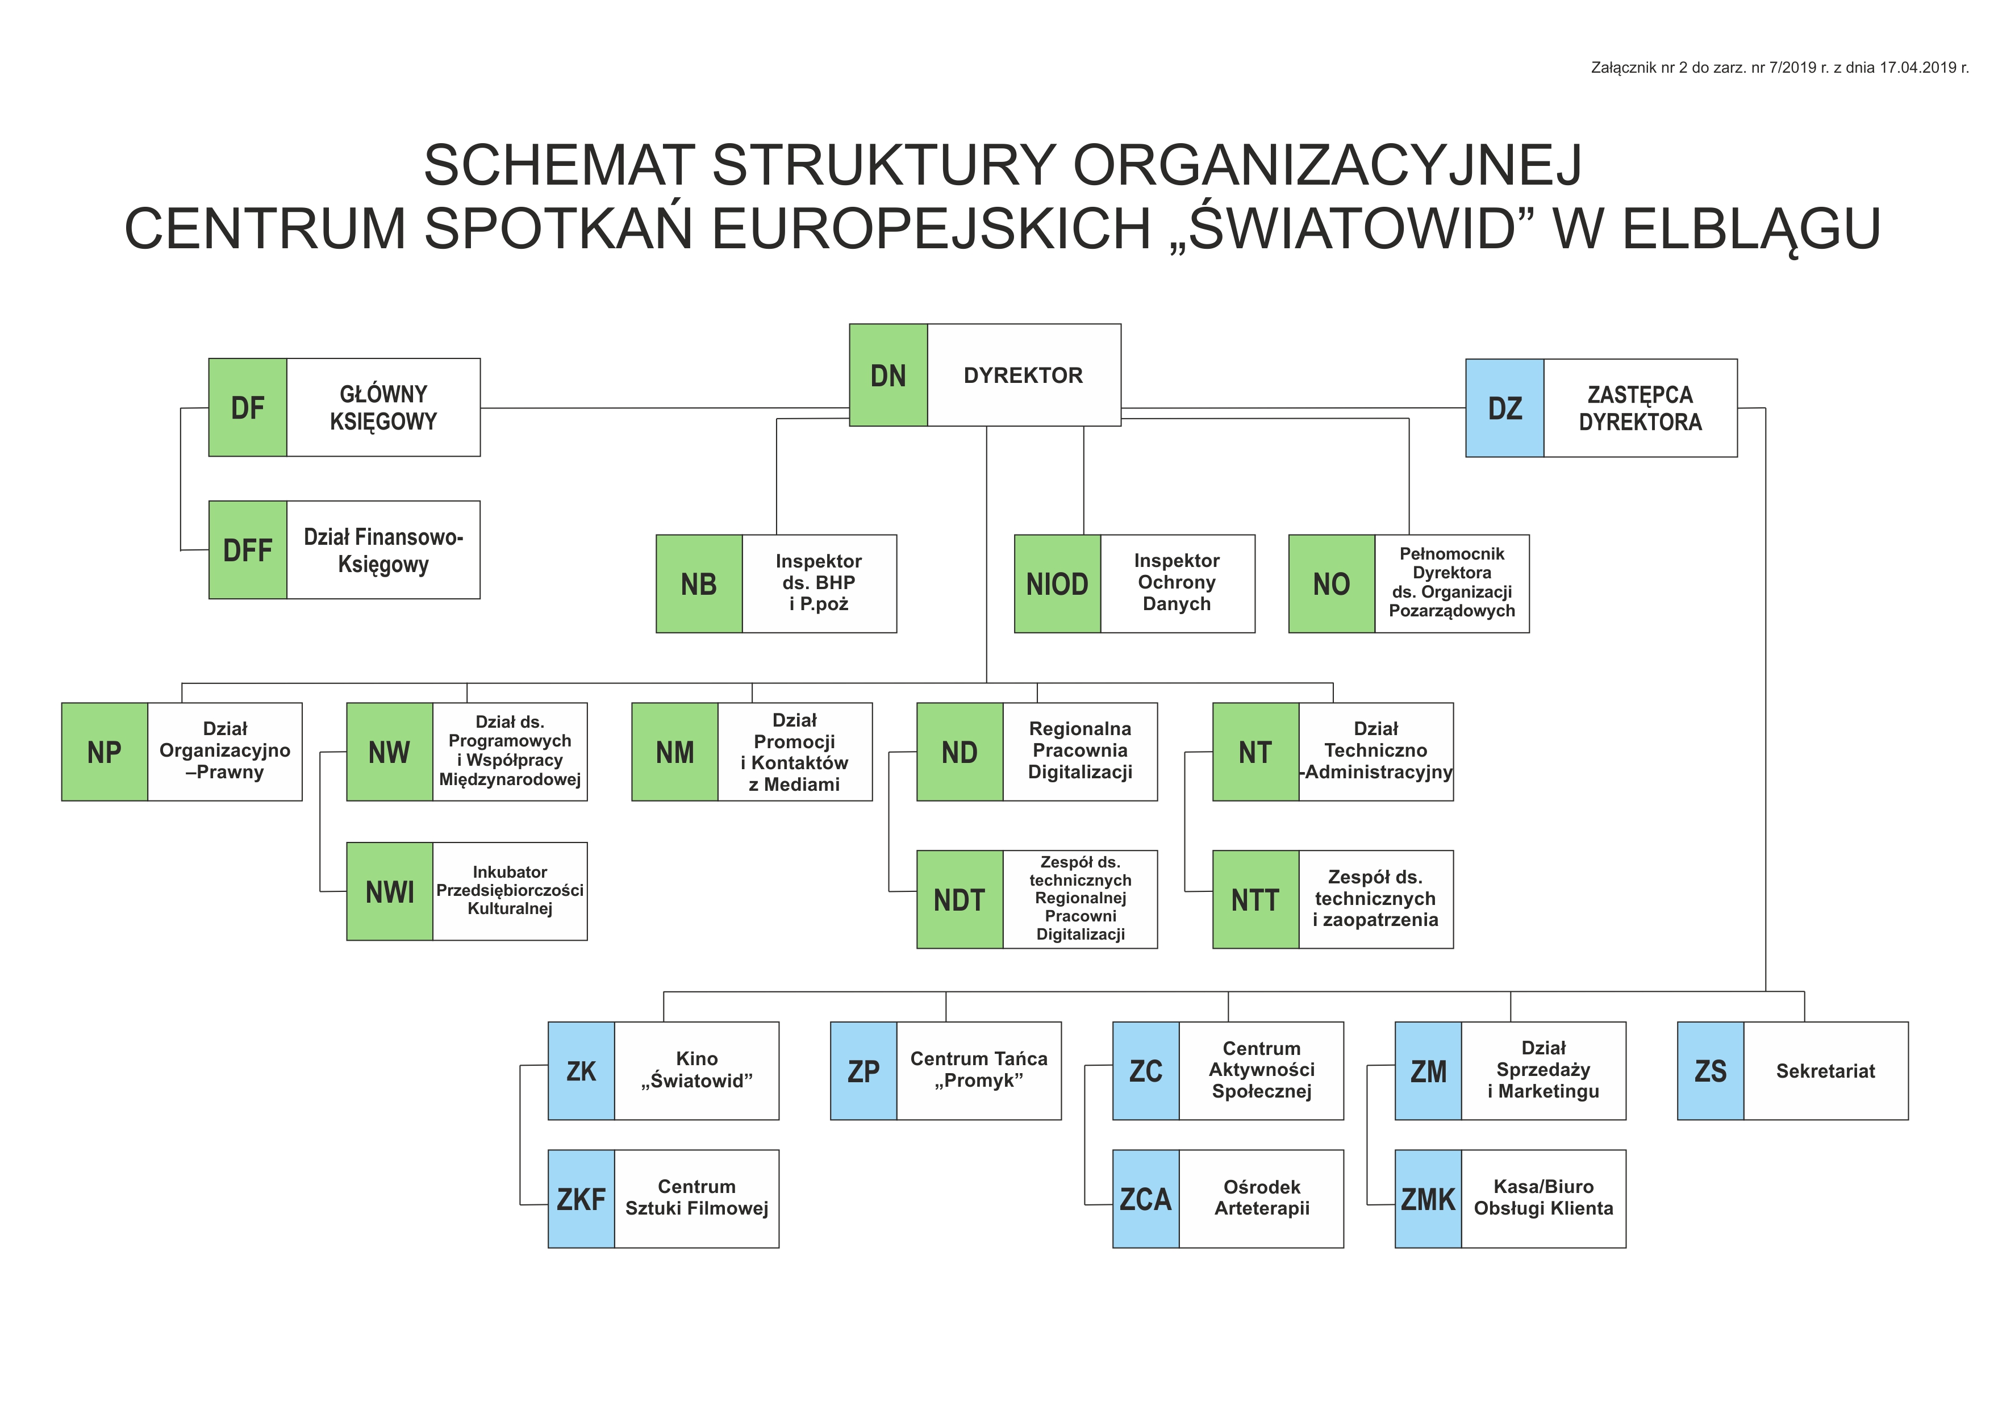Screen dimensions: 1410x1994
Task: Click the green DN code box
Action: point(887,375)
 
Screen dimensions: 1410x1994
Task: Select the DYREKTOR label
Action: point(1023,375)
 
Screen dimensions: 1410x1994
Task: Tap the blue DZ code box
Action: point(1504,408)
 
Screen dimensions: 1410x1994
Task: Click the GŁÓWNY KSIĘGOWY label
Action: point(383,407)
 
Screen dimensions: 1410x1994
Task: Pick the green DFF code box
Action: point(248,549)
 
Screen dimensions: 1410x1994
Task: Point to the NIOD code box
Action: point(1057,583)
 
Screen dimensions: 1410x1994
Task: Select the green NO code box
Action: point(1332,583)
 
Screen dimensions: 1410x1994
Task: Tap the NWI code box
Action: point(389,891)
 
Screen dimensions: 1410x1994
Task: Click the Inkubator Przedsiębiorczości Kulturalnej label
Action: point(510,890)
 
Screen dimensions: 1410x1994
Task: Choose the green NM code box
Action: point(675,752)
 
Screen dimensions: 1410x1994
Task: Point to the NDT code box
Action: point(960,899)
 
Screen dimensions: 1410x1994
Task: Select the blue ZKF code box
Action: point(581,1199)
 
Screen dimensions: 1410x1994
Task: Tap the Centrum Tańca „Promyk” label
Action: point(979,1070)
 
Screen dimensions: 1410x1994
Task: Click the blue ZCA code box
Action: point(1145,1199)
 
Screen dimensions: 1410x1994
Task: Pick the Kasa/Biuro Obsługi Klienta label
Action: point(1544,1198)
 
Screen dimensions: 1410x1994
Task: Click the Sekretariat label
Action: point(1825,1070)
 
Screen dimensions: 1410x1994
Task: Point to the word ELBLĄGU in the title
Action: point(1751,229)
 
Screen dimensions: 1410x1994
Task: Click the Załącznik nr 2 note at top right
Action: point(1779,68)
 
